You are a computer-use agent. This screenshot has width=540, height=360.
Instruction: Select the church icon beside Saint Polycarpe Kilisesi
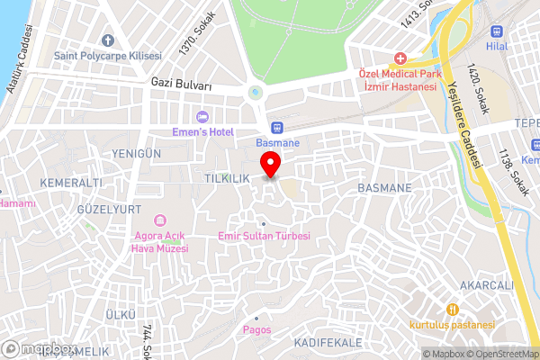[x=108, y=40]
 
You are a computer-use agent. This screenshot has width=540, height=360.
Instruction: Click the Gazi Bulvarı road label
[x=181, y=85]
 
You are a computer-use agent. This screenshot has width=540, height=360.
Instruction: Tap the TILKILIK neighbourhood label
[x=226, y=178]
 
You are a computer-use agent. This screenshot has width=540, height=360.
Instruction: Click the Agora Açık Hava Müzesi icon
[x=161, y=220]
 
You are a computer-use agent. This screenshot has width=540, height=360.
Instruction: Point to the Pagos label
[x=256, y=329]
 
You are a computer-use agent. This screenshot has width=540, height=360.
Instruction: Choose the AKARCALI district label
[x=485, y=285]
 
